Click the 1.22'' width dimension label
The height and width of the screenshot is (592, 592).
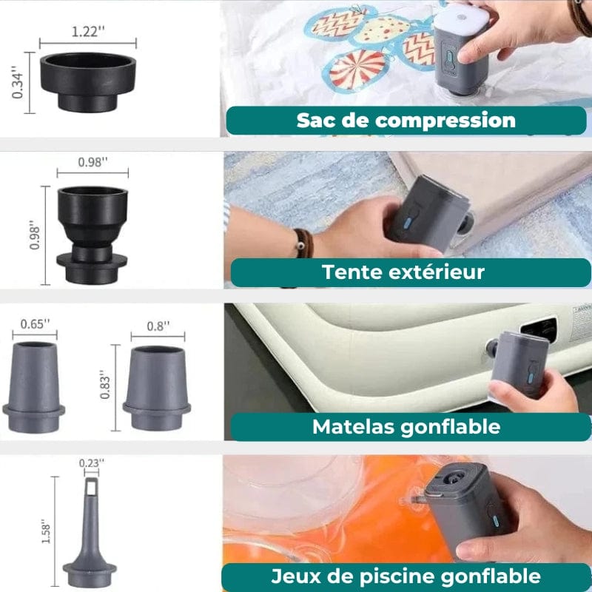pyautogui.click(x=88, y=31)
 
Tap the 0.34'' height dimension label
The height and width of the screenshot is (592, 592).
pyautogui.click(x=18, y=82)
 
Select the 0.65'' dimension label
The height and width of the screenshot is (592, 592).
pyautogui.click(x=35, y=324)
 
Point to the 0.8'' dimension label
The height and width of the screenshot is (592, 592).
pyautogui.click(x=158, y=326)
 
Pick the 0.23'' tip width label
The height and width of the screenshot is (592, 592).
pyautogui.click(x=91, y=463)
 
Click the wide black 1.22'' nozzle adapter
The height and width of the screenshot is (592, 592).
pyautogui.click(x=87, y=82)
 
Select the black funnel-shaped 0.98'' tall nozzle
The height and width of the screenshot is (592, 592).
pyautogui.click(x=92, y=235)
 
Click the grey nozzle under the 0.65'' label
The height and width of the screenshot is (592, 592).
pyautogui.click(x=34, y=388)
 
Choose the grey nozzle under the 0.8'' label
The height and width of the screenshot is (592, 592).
pyautogui.click(x=157, y=388)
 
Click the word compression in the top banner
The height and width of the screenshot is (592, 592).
pyautogui.click(x=445, y=121)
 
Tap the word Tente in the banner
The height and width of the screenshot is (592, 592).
pyautogui.click(x=351, y=272)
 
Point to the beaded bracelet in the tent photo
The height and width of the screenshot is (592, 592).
pyautogui.click(x=304, y=243)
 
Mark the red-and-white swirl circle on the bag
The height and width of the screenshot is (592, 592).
pyautogui.click(x=357, y=70)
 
